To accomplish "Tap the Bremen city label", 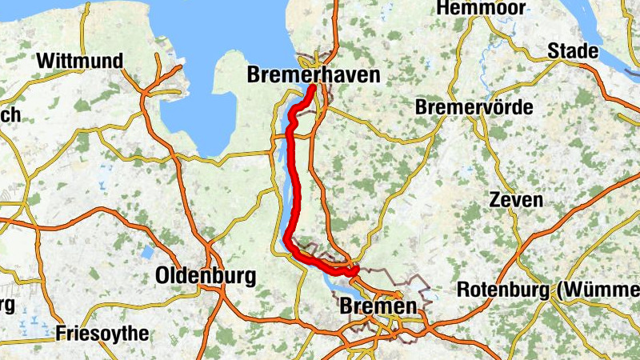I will [x=378, y=306].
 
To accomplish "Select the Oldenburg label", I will [x=206, y=277].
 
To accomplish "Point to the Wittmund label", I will [x=80, y=61].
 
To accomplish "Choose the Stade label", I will [x=573, y=51].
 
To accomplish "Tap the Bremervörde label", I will [x=474, y=107].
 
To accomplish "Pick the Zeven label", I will [x=517, y=199].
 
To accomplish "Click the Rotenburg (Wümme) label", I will [x=548, y=290].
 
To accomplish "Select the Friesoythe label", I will [x=103, y=333].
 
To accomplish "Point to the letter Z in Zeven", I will [x=497, y=199].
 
